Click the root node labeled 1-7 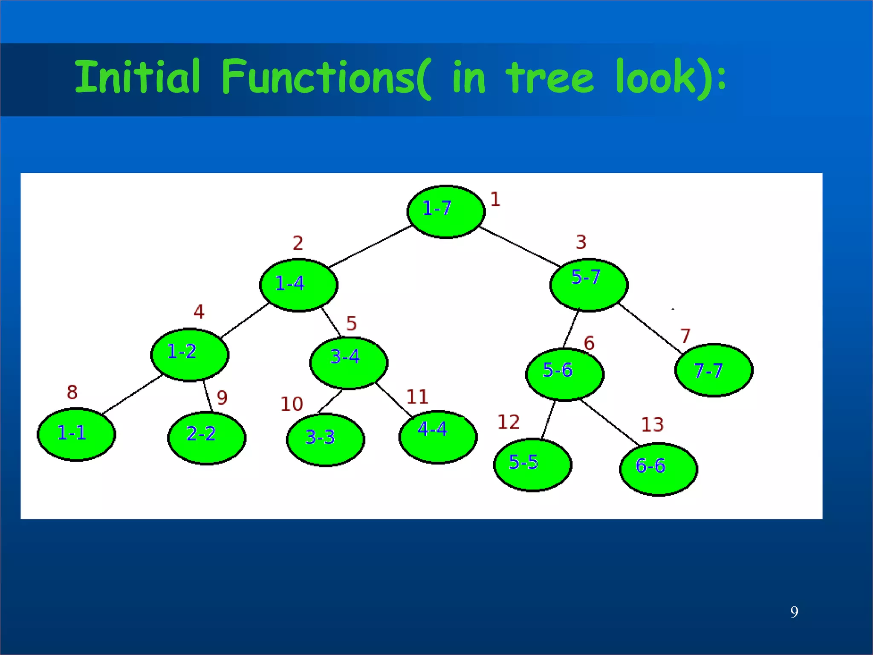[x=446, y=212]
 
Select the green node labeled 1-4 [x=299, y=285]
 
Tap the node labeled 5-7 [x=589, y=284]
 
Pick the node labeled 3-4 [x=349, y=363]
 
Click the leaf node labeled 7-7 [x=714, y=370]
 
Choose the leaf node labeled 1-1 [x=76, y=434]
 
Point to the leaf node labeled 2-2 [x=207, y=438]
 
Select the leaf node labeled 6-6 [x=658, y=469]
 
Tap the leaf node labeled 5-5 [x=533, y=465]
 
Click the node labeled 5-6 [x=565, y=374]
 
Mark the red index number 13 [x=652, y=425]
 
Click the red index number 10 [x=292, y=404]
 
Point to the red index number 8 [x=72, y=392]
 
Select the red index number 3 [x=581, y=242]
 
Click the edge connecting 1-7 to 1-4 [x=370, y=246]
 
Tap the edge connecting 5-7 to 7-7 [x=650, y=328]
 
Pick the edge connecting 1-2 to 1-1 [x=132, y=394]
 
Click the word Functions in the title [x=318, y=77]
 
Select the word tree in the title [x=550, y=78]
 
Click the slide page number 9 [x=794, y=612]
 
